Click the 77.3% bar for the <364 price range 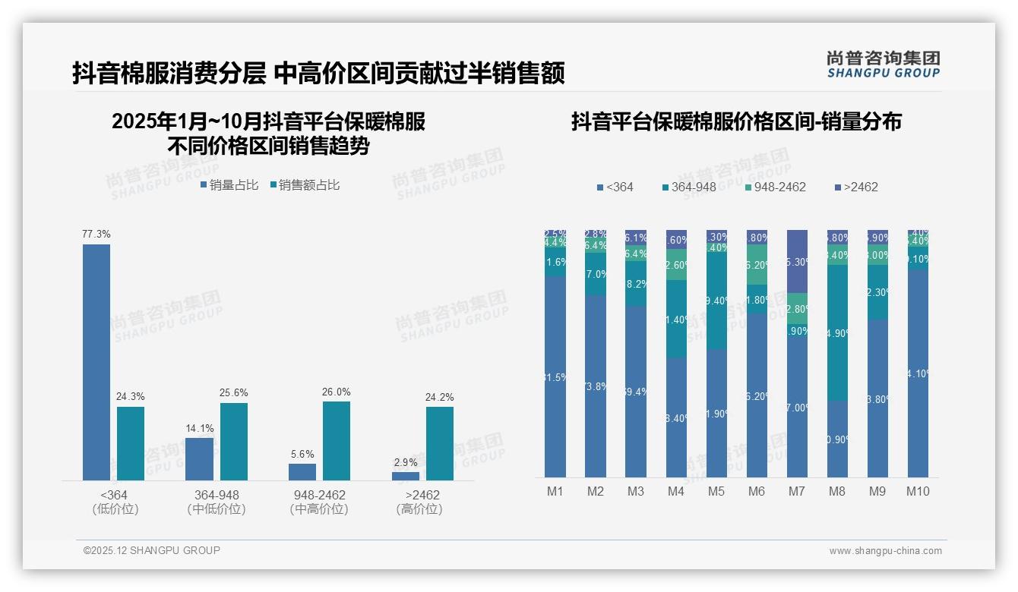[x=96, y=362]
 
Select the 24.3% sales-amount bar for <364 [x=131, y=443]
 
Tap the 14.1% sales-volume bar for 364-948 [x=200, y=459]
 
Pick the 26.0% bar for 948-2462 [x=337, y=440]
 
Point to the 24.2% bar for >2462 [x=440, y=443]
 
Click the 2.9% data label [x=406, y=462]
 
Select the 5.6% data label [x=302, y=454]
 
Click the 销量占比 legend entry [x=229, y=184]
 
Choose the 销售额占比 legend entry [x=305, y=184]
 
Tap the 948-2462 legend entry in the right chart [x=774, y=187]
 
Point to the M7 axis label [x=796, y=491]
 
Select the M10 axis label [x=918, y=491]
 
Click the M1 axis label [x=555, y=491]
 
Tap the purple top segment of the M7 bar [x=797, y=261]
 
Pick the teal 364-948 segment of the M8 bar [x=837, y=332]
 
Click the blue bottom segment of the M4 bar [x=676, y=417]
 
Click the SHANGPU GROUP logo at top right [x=883, y=64]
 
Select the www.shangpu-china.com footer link [x=885, y=551]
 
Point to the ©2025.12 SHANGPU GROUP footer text [x=152, y=550]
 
